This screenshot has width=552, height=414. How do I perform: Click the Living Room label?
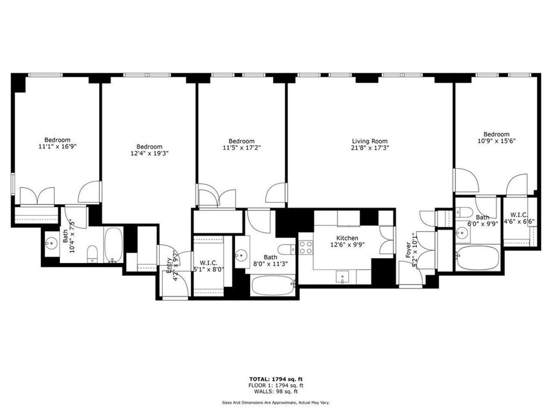370,141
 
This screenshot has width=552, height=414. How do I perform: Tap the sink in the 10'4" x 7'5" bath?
51,241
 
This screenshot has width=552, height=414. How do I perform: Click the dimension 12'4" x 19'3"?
149,154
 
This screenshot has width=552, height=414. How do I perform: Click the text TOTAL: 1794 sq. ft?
276,379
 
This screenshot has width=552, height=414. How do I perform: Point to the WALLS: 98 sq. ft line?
276,391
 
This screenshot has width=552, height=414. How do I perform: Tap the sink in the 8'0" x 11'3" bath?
242,253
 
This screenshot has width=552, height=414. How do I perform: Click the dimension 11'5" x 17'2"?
241,148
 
